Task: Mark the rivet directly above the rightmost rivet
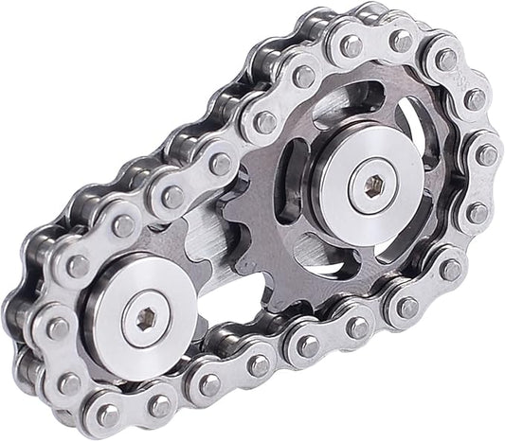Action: coord(475,98)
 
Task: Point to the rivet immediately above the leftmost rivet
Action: coord(77,267)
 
